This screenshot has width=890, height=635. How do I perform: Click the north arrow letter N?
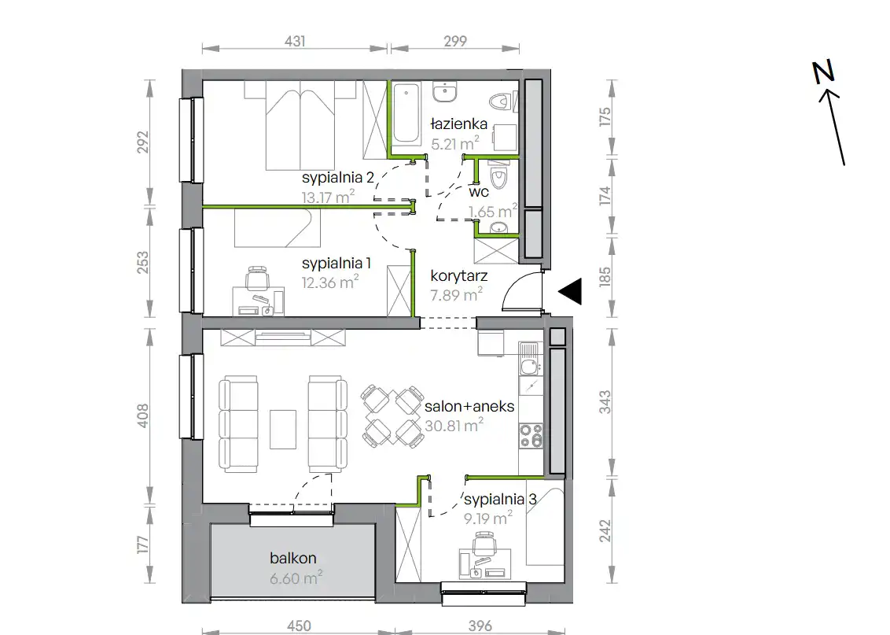click(x=824, y=72)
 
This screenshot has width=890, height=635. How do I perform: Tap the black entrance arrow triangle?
click(x=570, y=291)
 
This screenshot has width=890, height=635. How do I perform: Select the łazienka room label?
click(x=458, y=124)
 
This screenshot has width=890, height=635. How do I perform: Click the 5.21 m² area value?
click(x=454, y=143)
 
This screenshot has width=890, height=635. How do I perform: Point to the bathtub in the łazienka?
click(x=406, y=114)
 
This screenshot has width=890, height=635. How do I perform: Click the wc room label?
click(x=479, y=192)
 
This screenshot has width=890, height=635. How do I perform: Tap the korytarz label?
click(x=458, y=277)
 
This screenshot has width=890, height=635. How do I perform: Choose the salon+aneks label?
click(x=469, y=406)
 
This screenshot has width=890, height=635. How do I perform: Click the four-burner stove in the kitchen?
click(x=531, y=436)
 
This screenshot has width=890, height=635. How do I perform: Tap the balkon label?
click(x=293, y=559)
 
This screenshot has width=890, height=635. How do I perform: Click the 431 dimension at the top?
click(x=295, y=41)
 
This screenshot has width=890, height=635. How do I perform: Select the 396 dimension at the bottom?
click(x=480, y=626)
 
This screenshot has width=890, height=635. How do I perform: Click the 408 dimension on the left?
click(x=142, y=415)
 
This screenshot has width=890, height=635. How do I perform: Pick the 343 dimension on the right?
click(x=605, y=402)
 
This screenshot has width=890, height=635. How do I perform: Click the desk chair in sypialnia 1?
click(x=257, y=279)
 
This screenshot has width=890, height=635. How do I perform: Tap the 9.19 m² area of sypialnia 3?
click(x=487, y=518)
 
